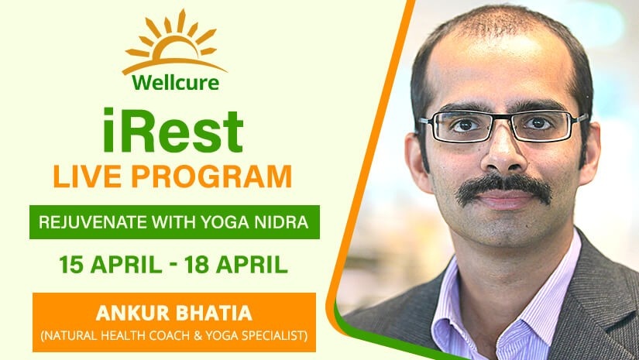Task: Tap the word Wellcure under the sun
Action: point(176,83)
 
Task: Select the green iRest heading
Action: point(173,131)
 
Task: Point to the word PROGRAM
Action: point(211,177)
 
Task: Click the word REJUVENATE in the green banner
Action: point(93,222)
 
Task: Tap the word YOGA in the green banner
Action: point(225,222)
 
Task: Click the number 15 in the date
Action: point(71,265)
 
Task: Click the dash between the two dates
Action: point(173,266)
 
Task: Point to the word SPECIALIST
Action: point(274,336)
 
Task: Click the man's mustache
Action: point(503,189)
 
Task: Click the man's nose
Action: point(503,152)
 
